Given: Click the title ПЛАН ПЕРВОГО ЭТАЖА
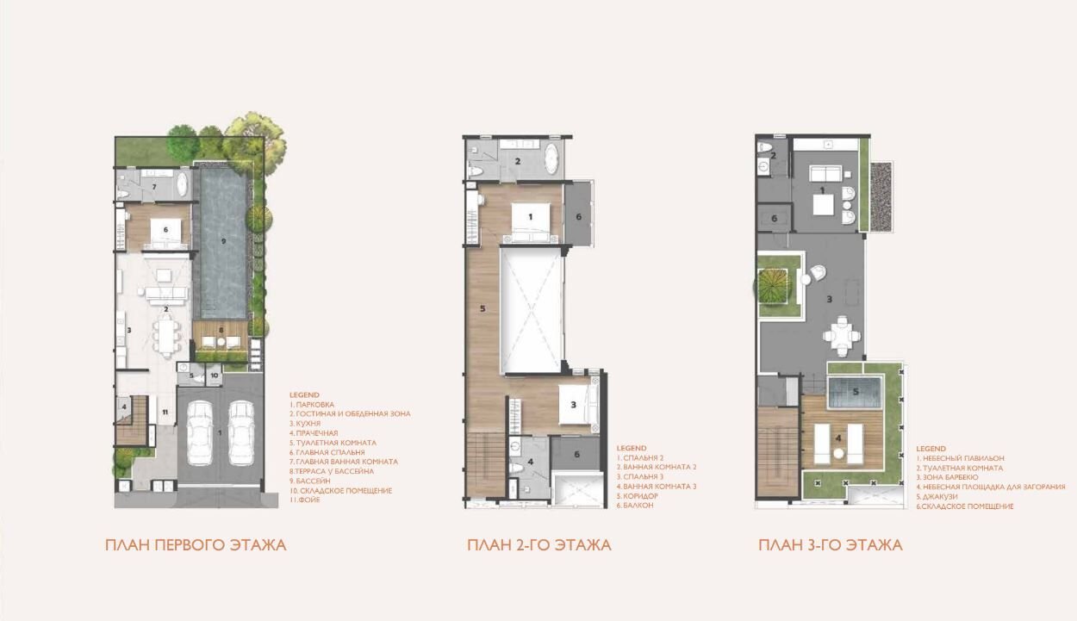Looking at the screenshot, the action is point(196,545).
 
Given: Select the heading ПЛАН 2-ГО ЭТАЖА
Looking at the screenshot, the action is point(539,545).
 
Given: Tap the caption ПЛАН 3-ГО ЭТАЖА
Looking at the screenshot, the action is point(831,545).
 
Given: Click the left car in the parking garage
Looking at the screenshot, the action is point(200,433).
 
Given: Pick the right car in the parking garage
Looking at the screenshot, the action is point(241,433).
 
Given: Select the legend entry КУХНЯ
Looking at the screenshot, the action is point(305,424).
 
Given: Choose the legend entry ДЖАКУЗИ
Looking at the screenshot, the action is point(937,496).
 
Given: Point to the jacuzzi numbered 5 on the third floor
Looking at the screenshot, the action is point(856,392).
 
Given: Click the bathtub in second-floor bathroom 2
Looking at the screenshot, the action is point(551,158).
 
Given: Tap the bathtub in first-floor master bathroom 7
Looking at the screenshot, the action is point(182,183).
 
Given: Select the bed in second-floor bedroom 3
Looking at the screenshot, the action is point(578,405).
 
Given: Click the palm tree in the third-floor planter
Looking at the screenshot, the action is point(771,287).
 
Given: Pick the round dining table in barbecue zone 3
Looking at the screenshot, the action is point(842,336).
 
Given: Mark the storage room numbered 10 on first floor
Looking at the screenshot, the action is point(214,375).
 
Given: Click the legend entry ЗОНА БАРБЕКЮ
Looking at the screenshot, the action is point(947,477).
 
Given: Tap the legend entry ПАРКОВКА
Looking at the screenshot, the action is point(312,405).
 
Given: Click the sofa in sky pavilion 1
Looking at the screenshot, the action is point(825,173).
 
